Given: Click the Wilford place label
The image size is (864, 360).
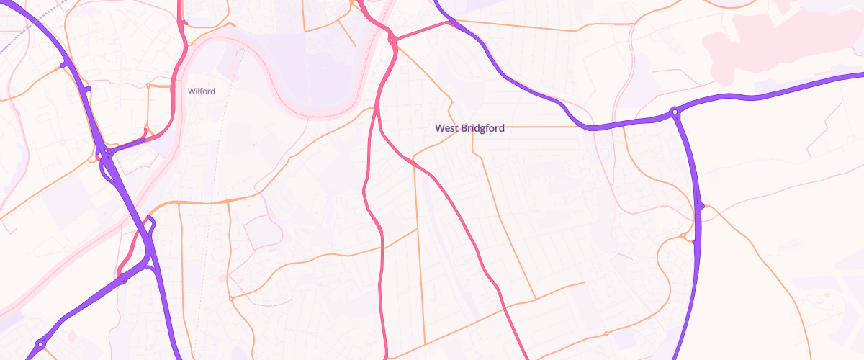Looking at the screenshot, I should tap(202, 91).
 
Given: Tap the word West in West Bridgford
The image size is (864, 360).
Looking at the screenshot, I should tap(446, 127).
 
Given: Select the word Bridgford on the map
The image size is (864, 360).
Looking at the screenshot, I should tap(482, 127).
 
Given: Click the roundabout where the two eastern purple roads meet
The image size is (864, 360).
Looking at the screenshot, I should tap(675, 112).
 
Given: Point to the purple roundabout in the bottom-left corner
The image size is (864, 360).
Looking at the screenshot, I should tap(40, 345).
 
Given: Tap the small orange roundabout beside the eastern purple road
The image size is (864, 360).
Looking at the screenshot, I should tap(683, 235).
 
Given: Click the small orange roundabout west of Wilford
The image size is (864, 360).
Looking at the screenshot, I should tap(148, 86).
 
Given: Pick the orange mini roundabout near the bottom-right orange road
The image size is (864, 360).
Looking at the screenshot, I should tap(606, 333).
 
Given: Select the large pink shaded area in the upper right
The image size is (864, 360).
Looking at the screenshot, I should tap(778, 43).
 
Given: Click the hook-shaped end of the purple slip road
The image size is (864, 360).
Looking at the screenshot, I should tap(150, 217).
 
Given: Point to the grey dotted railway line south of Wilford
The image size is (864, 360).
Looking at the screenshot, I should tap(209, 216).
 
